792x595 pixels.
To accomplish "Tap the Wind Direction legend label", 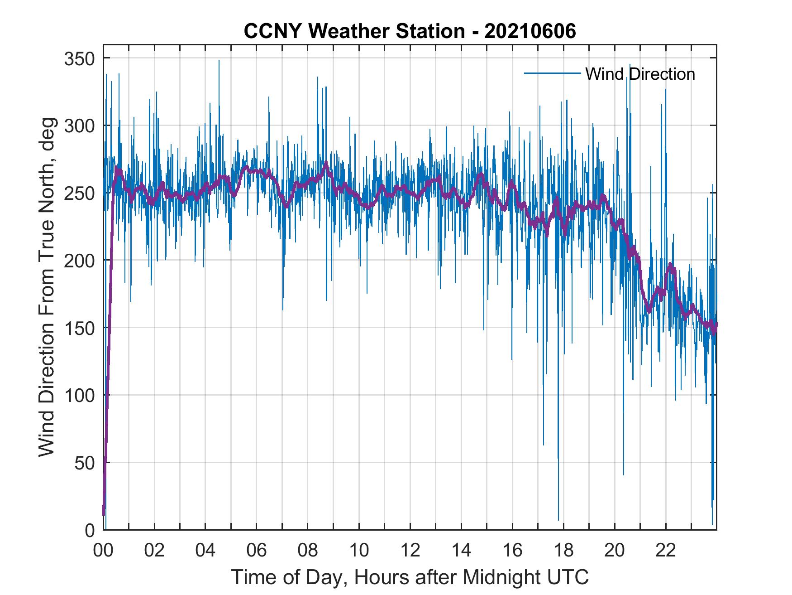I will [x=640, y=74].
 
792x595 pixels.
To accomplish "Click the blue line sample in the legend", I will [x=552, y=73].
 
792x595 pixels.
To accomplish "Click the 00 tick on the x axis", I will [x=103, y=551].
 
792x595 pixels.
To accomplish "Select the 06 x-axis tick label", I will [x=257, y=551].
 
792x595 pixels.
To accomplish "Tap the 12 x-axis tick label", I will [x=410, y=551].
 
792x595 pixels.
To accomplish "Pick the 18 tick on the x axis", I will [x=563, y=551].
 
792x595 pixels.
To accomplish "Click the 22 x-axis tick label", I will [x=666, y=551].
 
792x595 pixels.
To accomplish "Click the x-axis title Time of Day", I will [x=410, y=577].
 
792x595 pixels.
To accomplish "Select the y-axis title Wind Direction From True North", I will [x=47, y=287].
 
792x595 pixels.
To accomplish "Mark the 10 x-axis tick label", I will [x=359, y=551].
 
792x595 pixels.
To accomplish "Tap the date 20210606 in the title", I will [x=530, y=31].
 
